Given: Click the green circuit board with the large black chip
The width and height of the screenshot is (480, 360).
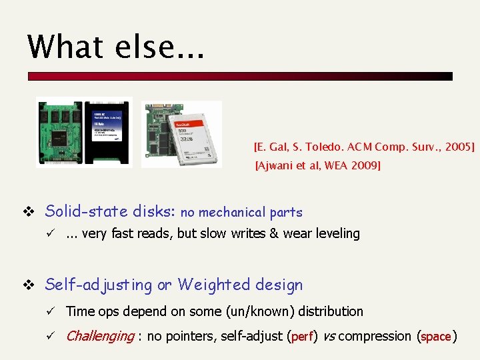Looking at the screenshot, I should pos(59,131).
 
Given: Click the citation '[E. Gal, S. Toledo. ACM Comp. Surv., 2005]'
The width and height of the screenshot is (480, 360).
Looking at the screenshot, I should pos(364,146).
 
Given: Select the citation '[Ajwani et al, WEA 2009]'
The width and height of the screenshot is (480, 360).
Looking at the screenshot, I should pos(318,165).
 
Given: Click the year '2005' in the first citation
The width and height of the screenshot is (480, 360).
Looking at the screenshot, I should pos(457,146).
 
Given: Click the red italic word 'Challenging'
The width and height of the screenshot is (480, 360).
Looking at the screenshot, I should pos(99,336).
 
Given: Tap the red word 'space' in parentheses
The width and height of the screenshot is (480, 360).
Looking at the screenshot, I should pos(436,337).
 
